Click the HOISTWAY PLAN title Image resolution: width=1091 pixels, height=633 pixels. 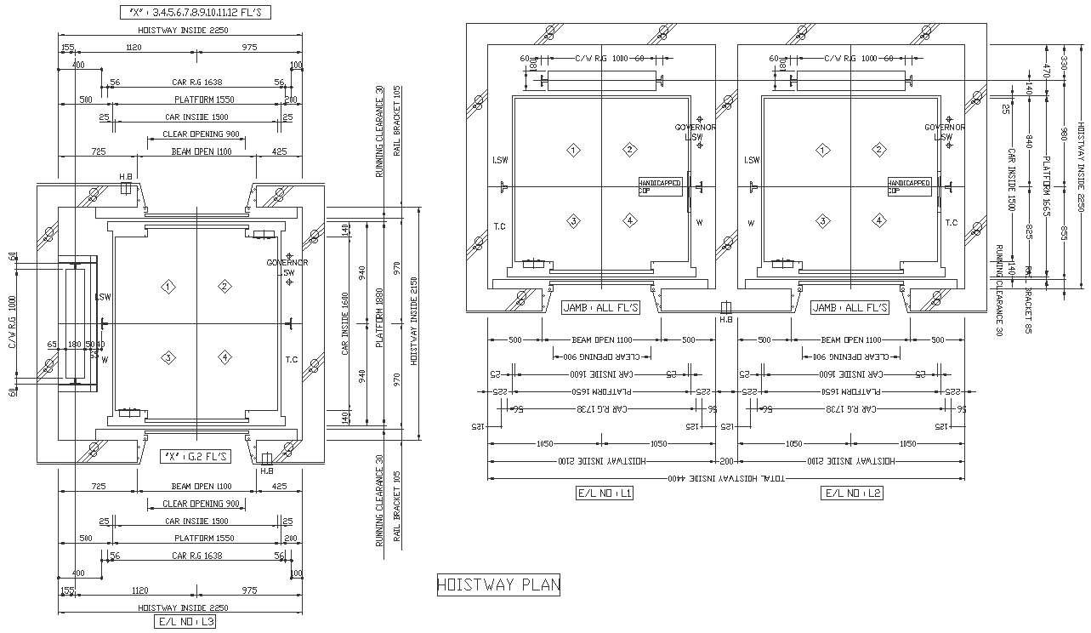click(x=498, y=585)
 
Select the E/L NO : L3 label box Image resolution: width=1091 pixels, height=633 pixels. click(x=185, y=622)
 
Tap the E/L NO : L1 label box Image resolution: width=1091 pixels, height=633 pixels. click(x=605, y=493)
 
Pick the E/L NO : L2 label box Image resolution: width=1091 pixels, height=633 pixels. click(x=852, y=493)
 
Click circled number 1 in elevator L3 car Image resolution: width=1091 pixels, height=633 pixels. click(x=169, y=287)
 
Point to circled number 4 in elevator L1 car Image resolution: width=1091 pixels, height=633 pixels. click(x=629, y=220)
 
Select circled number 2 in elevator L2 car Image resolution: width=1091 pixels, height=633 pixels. click(x=878, y=150)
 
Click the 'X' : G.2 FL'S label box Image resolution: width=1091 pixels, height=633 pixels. click(x=196, y=457)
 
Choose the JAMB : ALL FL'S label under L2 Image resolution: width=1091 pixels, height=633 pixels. click(x=850, y=308)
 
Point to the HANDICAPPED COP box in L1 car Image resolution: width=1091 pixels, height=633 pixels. click(x=661, y=187)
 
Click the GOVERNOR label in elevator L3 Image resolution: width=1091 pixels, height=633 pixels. click(x=287, y=263)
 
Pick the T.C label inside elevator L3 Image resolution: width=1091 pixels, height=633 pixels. click(x=292, y=359)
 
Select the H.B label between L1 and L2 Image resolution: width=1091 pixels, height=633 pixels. click(x=725, y=320)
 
